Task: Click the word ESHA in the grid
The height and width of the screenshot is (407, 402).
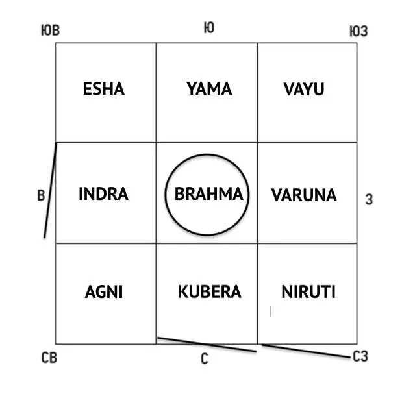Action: click(x=103, y=89)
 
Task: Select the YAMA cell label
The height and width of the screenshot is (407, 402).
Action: click(x=209, y=89)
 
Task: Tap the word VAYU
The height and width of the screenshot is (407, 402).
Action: click(x=303, y=89)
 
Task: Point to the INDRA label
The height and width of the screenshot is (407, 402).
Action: click(x=103, y=194)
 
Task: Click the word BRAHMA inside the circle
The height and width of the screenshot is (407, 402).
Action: click(x=208, y=194)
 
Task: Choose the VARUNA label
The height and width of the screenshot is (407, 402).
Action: click(x=304, y=195)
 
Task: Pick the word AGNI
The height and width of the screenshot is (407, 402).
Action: click(x=104, y=292)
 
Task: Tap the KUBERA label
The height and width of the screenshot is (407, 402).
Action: click(x=209, y=292)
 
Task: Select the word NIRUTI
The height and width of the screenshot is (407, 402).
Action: click(x=308, y=292)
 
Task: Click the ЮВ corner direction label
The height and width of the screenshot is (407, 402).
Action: click(x=49, y=31)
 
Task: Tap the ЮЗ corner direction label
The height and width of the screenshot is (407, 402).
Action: click(x=358, y=31)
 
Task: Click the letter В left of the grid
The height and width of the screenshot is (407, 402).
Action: click(x=40, y=195)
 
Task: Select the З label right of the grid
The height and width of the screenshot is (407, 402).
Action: click(x=369, y=200)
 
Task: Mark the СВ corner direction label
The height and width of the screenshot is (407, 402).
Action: click(x=49, y=358)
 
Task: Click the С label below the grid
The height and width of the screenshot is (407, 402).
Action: click(x=204, y=359)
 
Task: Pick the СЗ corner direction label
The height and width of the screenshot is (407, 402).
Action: click(x=360, y=356)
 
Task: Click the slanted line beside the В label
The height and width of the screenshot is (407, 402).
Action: click(x=51, y=190)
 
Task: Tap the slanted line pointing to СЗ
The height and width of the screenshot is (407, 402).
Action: click(x=305, y=351)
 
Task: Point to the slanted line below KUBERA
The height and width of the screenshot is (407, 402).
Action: click(x=207, y=345)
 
